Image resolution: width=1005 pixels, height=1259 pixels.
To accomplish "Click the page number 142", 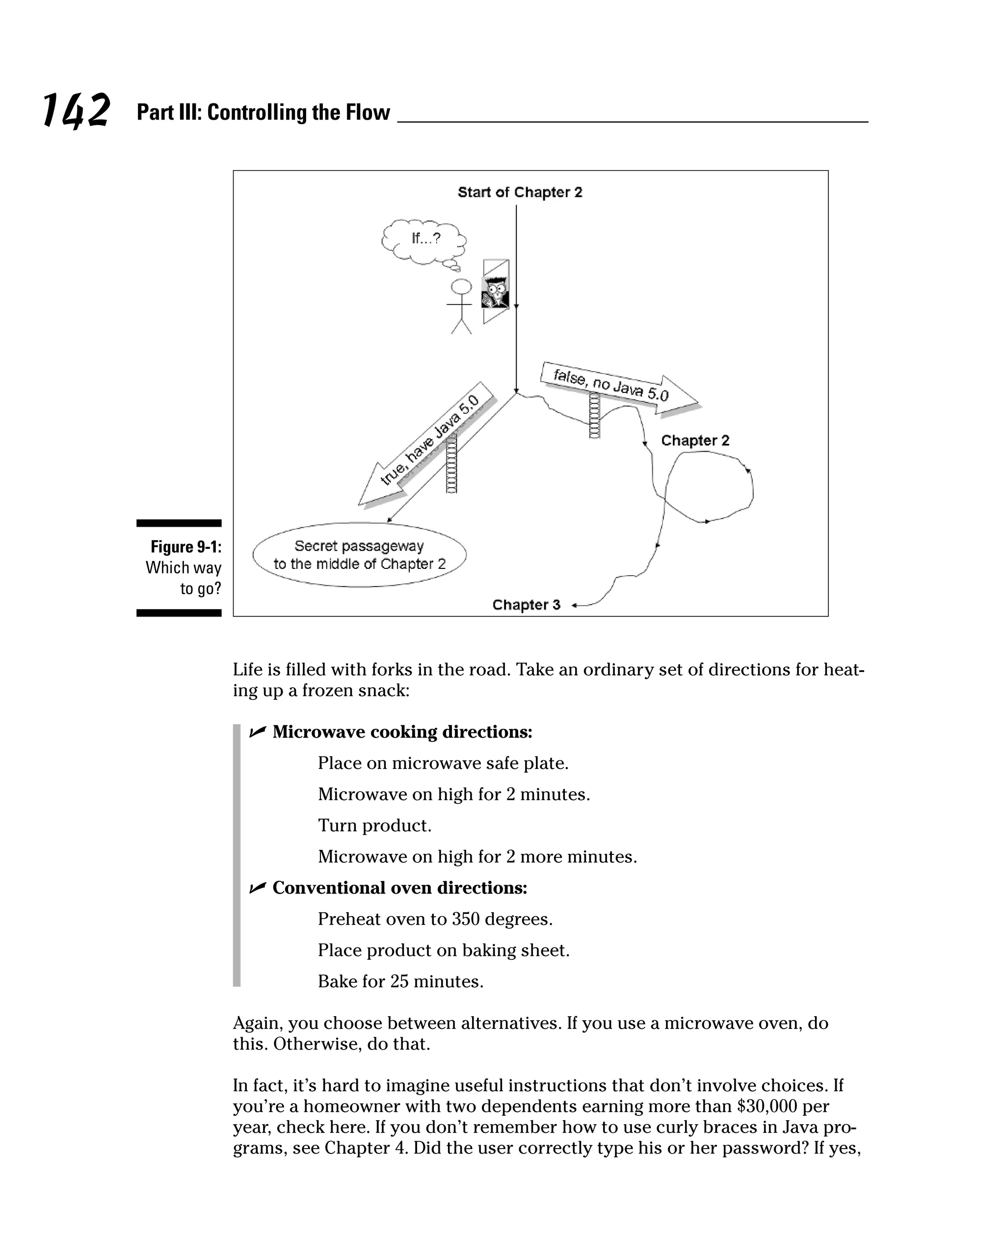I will pyautogui.click(x=76, y=110).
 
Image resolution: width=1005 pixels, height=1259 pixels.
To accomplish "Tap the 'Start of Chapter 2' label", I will pyautogui.click(x=520, y=192).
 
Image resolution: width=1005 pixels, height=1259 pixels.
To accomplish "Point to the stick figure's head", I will pyautogui.click(x=461, y=287).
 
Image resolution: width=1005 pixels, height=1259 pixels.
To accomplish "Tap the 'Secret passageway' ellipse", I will pyautogui.click(x=359, y=555).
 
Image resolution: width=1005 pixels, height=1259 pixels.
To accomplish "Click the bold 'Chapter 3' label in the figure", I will pyautogui.click(x=526, y=605).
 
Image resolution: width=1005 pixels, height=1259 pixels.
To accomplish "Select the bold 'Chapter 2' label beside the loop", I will pyautogui.click(x=695, y=440).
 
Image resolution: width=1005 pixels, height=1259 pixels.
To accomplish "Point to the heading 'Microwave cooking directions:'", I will pyautogui.click(x=402, y=732).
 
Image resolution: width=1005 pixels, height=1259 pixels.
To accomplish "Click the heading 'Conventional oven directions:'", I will pyautogui.click(x=399, y=888).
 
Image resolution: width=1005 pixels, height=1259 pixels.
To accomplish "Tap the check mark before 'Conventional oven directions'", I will pyautogui.click(x=257, y=888).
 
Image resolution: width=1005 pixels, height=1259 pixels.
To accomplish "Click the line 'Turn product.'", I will pyautogui.click(x=374, y=826).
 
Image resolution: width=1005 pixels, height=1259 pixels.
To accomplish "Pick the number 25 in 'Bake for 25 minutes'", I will pyautogui.click(x=400, y=981).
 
